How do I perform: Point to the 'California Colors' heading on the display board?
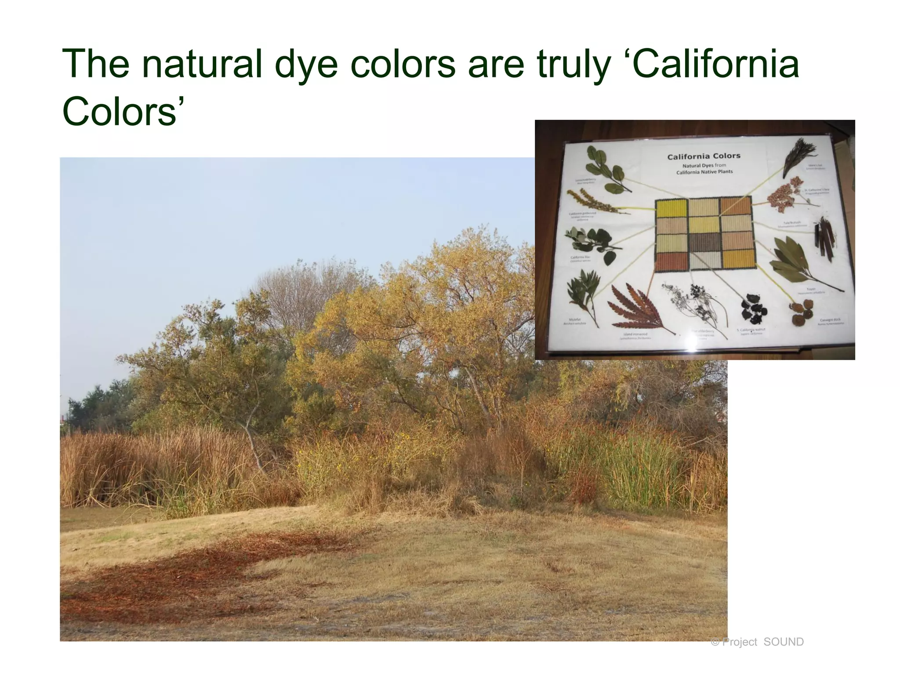pyautogui.click(x=704, y=156)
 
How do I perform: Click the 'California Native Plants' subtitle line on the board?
pyautogui.click(x=704, y=172)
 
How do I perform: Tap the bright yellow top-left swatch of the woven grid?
pyautogui.click(x=671, y=209)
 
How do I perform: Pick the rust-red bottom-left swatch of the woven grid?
pyautogui.click(x=671, y=261)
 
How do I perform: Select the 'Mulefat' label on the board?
pyautogui.click(x=575, y=320)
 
